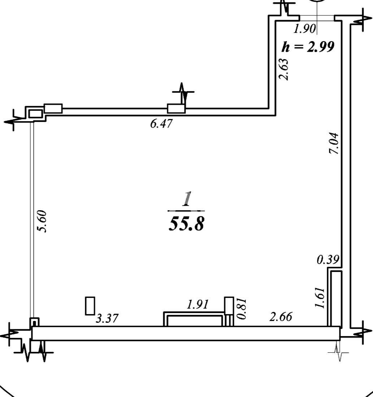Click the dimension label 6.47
161,124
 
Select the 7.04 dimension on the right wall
334,143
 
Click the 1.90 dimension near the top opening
304,29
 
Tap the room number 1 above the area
187,199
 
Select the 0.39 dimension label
328,260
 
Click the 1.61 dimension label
320,297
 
